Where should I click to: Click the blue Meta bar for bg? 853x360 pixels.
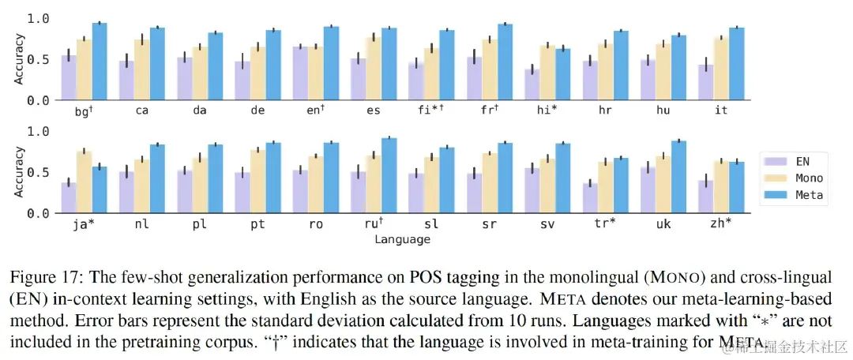coord(100,62)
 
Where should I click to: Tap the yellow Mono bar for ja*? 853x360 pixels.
coord(85,182)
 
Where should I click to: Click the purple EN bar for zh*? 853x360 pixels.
coord(706,197)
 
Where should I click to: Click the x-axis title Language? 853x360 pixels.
coord(403,238)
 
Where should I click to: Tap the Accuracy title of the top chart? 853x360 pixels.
coord(20,60)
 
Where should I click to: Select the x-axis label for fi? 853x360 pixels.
coord(427,111)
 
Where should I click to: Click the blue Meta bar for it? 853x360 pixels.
coord(736,65)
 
